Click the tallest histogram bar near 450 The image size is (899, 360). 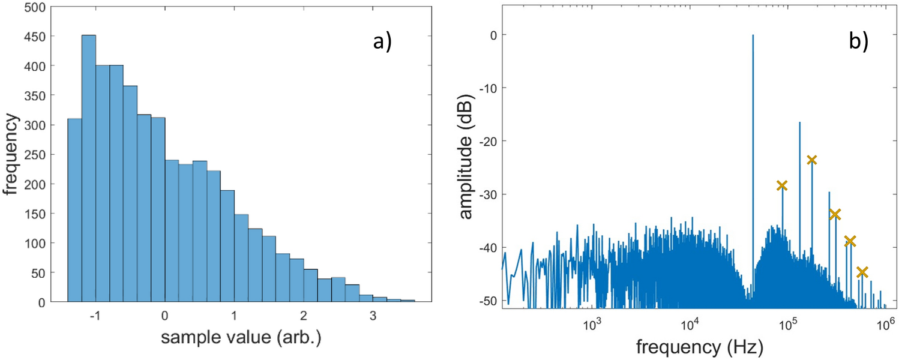pos(88,169)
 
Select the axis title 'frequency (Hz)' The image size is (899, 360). pos(691,346)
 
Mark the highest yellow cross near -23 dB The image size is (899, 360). pos(812,160)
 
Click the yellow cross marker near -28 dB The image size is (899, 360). pos(782,185)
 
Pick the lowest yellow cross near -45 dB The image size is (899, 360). pos(862,272)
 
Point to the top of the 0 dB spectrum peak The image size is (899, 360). pos(753,35)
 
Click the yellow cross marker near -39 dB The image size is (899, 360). pos(850,241)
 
